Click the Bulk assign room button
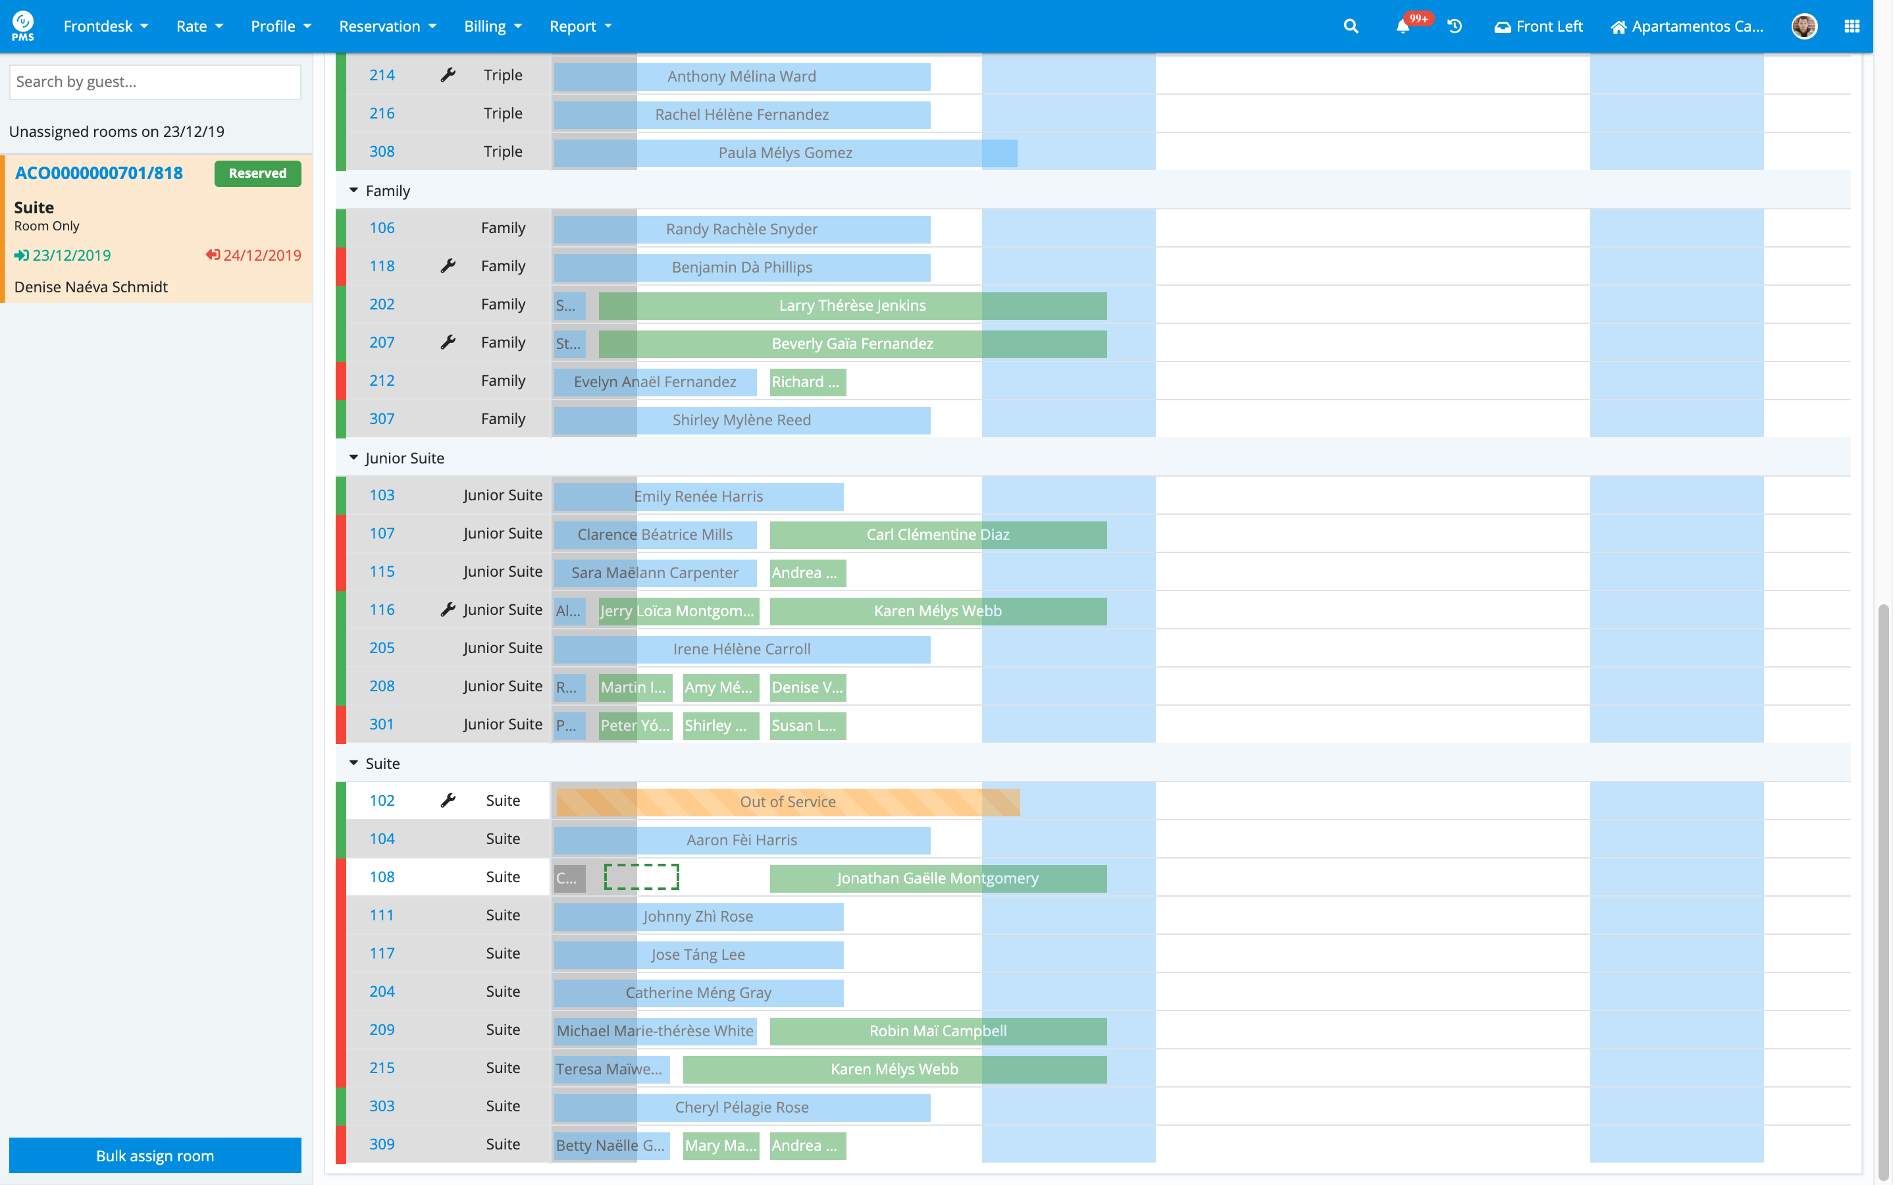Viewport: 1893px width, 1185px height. (155, 1155)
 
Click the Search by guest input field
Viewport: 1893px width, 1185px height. (155, 82)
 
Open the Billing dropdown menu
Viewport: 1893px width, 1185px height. (492, 26)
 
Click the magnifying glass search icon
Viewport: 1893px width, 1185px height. (1350, 26)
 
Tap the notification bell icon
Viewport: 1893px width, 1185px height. (1403, 26)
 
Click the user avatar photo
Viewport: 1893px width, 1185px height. (1803, 26)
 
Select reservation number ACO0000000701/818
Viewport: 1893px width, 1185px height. (99, 173)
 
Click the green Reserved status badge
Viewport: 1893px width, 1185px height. (257, 173)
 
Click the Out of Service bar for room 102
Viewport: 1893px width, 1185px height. (787, 802)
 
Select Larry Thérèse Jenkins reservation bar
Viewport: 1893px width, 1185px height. (852, 305)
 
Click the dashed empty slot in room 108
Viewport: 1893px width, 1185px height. (641, 877)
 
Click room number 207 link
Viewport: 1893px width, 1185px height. (382, 342)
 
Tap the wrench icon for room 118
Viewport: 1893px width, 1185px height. (448, 266)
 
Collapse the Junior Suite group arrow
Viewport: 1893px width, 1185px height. (353, 458)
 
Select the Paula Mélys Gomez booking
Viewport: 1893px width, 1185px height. (785, 153)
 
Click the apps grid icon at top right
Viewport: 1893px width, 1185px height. (1852, 26)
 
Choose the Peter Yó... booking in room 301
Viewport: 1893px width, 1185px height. (635, 725)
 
